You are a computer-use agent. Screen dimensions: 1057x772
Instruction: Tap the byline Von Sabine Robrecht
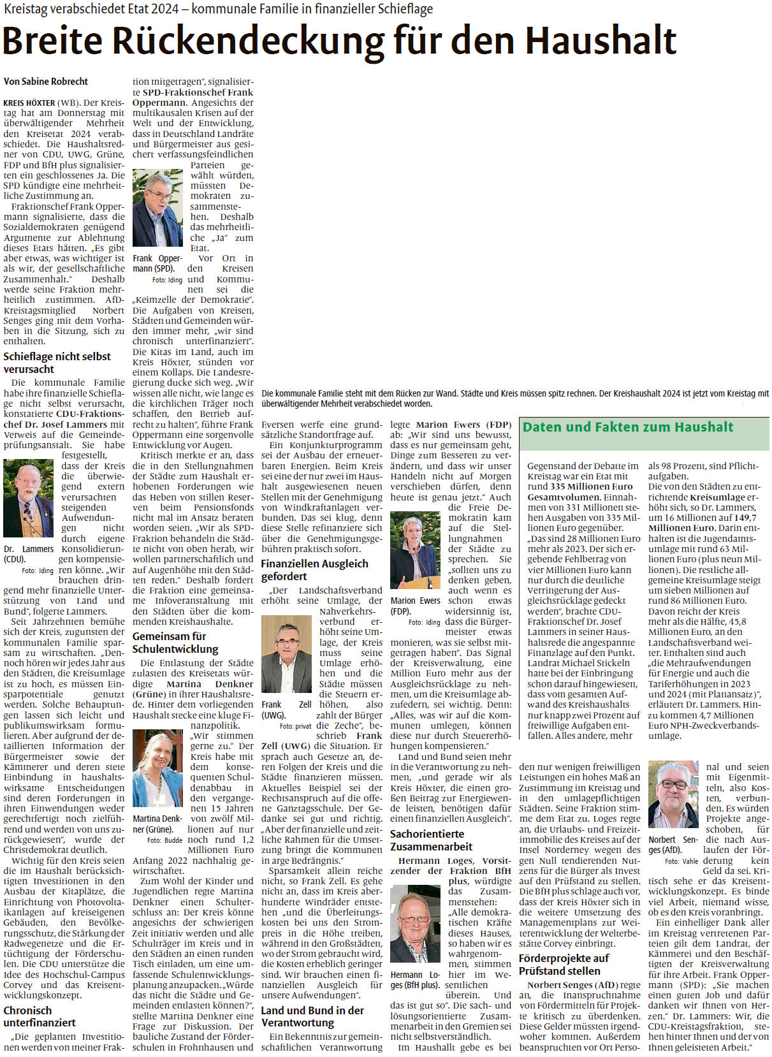click(46, 82)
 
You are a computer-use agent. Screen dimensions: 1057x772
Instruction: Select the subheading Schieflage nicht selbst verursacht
click(57, 363)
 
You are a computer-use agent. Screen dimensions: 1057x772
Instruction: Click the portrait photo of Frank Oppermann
click(157, 208)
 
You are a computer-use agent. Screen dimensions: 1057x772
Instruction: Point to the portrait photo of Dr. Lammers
click(29, 499)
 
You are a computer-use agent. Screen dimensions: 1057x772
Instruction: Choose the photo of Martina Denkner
click(157, 769)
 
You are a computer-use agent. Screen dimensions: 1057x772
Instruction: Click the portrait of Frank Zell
click(286, 655)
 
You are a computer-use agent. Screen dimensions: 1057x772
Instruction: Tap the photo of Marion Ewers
click(415, 550)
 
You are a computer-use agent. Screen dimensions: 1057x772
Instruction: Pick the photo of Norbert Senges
click(673, 795)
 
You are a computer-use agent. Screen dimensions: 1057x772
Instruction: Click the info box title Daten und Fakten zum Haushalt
click(628, 427)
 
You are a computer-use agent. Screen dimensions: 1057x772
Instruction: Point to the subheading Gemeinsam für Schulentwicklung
click(175, 643)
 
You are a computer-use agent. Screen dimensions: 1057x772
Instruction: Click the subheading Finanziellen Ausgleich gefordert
click(314, 570)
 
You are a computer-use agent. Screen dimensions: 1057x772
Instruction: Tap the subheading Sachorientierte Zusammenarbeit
click(431, 840)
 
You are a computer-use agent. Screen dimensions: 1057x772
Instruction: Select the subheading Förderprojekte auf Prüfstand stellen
click(564, 965)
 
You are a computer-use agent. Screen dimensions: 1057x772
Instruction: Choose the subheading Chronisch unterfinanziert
click(40, 1016)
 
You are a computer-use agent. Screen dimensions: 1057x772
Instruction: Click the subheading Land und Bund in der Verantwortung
click(312, 1016)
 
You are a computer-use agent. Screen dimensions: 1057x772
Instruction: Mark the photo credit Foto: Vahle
click(681, 861)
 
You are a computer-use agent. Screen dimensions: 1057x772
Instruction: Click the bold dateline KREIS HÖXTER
click(29, 103)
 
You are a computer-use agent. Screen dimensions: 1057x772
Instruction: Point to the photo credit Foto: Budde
click(164, 840)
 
